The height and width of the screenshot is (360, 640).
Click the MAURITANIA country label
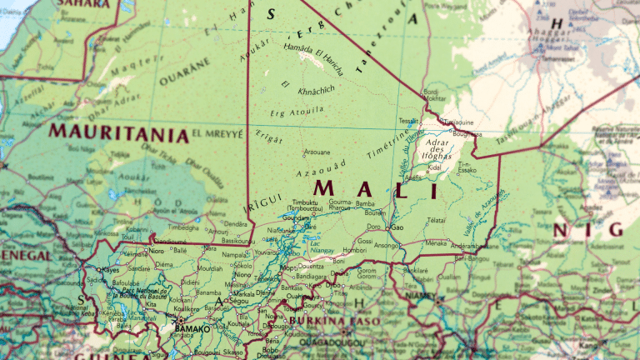[117, 132]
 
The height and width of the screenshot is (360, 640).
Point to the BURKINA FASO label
[334, 321]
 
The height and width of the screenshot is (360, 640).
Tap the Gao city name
[397, 227]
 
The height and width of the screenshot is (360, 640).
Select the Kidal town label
[434, 167]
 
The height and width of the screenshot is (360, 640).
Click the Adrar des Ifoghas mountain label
[436, 148]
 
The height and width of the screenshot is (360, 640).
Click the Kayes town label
[109, 270]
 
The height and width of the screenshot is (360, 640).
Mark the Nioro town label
[156, 250]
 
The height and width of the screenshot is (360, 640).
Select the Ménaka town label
[436, 243]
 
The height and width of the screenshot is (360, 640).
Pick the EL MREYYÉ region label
[217, 132]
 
